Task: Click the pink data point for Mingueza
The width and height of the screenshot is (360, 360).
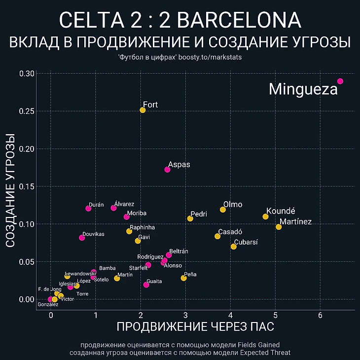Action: point(340,81)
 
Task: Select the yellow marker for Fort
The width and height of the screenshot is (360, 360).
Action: point(143,110)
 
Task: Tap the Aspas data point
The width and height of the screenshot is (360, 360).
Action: point(167,170)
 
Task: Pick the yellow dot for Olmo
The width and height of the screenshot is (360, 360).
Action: point(223,210)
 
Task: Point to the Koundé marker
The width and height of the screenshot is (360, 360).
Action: point(265,216)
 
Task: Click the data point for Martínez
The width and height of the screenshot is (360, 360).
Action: point(279,227)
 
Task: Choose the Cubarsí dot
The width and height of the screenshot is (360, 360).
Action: point(233,247)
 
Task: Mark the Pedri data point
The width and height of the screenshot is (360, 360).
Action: point(190,218)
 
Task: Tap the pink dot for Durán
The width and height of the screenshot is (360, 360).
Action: point(88,209)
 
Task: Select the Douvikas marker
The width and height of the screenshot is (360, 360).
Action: point(82,238)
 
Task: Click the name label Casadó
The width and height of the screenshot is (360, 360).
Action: point(230,232)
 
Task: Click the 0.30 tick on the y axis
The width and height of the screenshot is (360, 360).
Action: point(28,73)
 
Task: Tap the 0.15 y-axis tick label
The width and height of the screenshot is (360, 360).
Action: point(28,186)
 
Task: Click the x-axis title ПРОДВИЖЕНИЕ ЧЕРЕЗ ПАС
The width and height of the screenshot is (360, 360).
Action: point(195,326)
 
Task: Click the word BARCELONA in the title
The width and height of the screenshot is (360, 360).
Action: point(239,20)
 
